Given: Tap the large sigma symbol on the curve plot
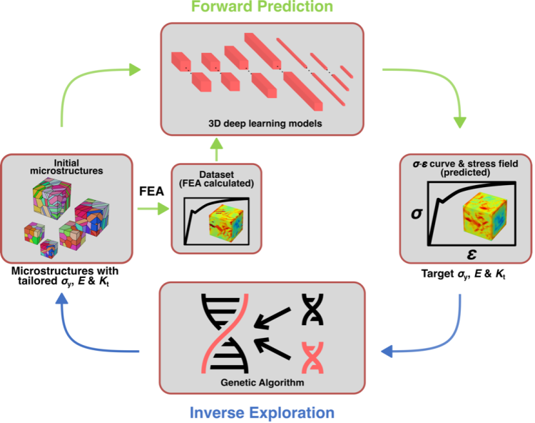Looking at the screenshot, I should (x=418, y=213).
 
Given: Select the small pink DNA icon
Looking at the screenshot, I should (x=313, y=357).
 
